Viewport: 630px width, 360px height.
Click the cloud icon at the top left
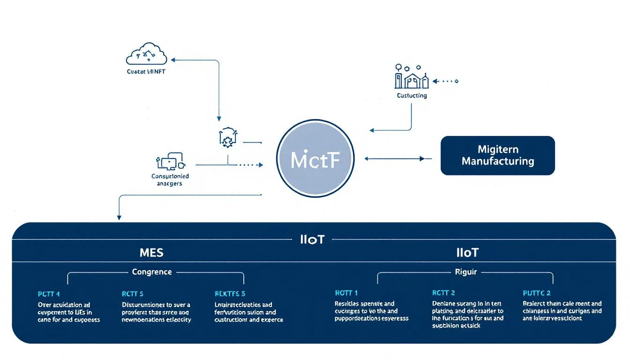coord(146,54)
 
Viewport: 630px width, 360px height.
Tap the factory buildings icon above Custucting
coord(411,77)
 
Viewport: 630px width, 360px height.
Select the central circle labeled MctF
coord(315,159)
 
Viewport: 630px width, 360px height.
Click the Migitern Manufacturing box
coord(497,156)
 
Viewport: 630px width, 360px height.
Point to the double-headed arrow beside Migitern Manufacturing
coord(397,159)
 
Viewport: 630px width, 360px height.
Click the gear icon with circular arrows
coord(227,137)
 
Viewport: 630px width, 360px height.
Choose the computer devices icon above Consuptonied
coord(170,162)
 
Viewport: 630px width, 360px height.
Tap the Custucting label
coord(412,96)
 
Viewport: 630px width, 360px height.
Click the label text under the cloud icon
coord(146,72)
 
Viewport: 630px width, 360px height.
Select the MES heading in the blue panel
coord(151,253)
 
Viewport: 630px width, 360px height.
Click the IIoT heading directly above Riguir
coord(467,253)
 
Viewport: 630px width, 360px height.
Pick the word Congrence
coord(152,272)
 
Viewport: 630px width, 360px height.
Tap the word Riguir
coord(465,272)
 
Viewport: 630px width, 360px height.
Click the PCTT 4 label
coord(49,294)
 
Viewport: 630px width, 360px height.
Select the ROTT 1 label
coord(346,293)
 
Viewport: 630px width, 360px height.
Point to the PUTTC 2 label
coord(537,293)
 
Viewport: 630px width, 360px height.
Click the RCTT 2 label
coord(443,293)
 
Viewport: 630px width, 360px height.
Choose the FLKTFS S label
coord(230,294)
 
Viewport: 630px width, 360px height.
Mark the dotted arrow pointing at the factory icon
coord(445,81)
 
